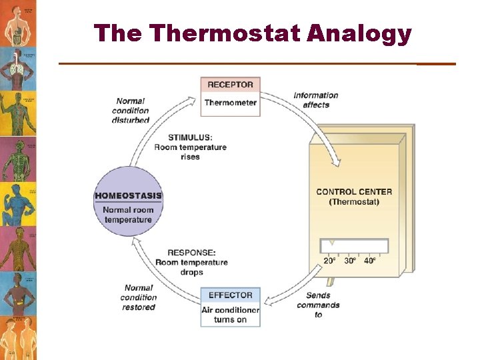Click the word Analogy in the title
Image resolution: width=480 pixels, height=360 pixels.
pyautogui.click(x=359, y=34)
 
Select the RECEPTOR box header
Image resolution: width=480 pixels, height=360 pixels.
pyautogui.click(x=230, y=85)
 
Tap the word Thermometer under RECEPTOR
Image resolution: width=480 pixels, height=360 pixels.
pyautogui.click(x=230, y=103)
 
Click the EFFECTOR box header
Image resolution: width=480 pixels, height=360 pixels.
pyautogui.click(x=230, y=295)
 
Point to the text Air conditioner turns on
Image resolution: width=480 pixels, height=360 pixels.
pyautogui.click(x=230, y=315)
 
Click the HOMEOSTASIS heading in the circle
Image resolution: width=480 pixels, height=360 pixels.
pyautogui.click(x=129, y=196)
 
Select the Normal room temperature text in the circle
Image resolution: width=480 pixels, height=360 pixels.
pyautogui.click(x=128, y=215)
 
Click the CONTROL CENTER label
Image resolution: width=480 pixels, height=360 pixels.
pyautogui.click(x=354, y=192)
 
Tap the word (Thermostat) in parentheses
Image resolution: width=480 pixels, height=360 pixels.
pyautogui.click(x=354, y=202)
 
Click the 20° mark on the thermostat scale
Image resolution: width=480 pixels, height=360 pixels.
pyautogui.click(x=330, y=261)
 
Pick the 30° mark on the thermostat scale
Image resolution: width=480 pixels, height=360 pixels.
pyautogui.click(x=350, y=261)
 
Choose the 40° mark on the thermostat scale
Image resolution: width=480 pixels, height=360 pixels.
pyautogui.click(x=370, y=261)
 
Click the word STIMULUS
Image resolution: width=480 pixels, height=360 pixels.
pyautogui.click(x=190, y=138)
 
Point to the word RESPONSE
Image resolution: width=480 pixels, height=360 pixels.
pyautogui.click(x=191, y=253)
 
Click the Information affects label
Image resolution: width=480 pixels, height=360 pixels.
pyautogui.click(x=316, y=100)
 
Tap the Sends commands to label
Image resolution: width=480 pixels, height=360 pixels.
pyautogui.click(x=318, y=305)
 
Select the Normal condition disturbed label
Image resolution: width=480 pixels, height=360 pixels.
pyautogui.click(x=131, y=111)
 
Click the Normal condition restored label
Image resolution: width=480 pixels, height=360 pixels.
pyautogui.click(x=139, y=297)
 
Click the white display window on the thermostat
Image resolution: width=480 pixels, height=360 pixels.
pyautogui.click(x=354, y=246)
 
